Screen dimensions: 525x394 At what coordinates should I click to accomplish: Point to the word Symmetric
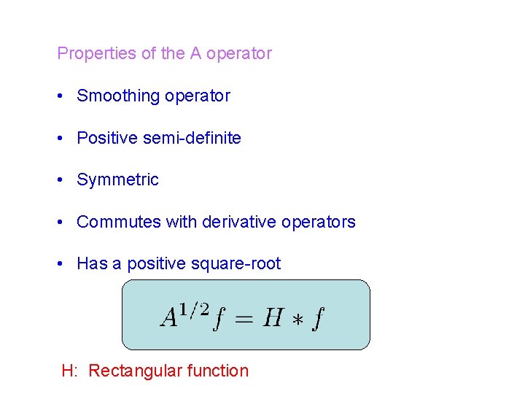click(x=117, y=180)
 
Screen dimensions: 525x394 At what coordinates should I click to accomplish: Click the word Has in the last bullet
click(x=92, y=264)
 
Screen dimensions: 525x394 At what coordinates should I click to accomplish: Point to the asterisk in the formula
click(x=297, y=318)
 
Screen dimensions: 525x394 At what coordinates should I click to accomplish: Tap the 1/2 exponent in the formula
click(x=195, y=309)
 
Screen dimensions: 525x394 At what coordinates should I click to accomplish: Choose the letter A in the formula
click(x=170, y=317)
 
